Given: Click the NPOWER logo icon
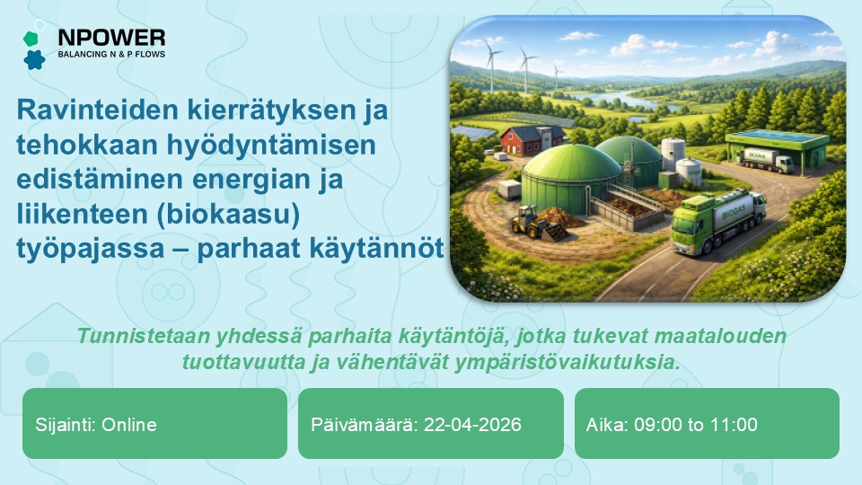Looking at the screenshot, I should point(33,49).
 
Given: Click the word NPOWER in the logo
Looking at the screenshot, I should point(111,38).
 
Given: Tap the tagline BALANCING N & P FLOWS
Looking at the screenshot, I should point(111,55).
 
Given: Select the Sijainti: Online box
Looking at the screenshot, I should point(154,425).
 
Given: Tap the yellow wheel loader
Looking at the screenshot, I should point(535,222).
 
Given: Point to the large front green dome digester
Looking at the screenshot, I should point(571,178).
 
